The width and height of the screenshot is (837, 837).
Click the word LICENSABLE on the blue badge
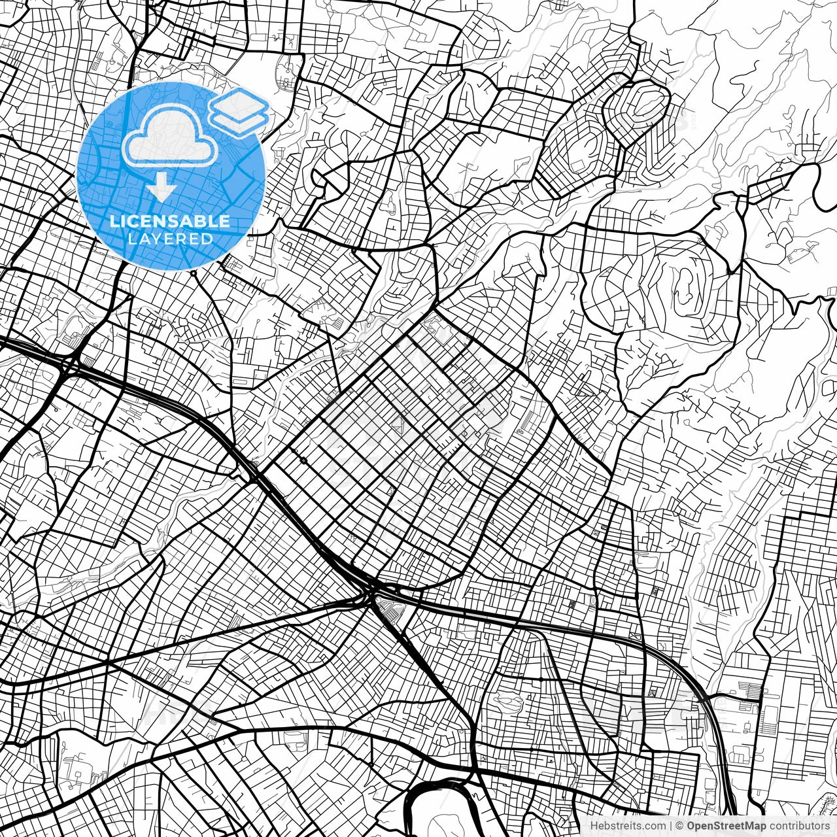click(x=170, y=222)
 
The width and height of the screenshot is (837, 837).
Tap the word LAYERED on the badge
click(x=170, y=239)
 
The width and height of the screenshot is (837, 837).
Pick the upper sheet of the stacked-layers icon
click(x=240, y=103)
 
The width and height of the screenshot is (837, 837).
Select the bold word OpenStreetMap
click(x=725, y=826)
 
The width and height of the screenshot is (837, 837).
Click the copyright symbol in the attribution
click(x=679, y=826)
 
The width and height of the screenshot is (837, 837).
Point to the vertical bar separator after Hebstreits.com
click(x=672, y=826)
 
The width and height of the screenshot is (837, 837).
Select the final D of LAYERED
click(x=207, y=239)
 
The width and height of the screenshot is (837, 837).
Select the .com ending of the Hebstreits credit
click(x=655, y=826)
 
